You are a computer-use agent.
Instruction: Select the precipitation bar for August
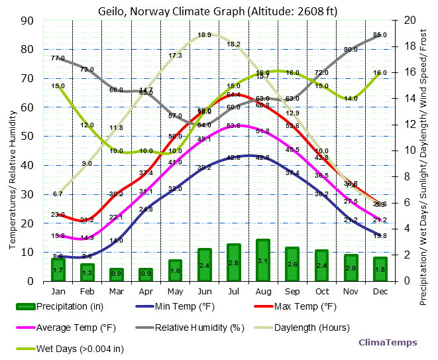[262, 260]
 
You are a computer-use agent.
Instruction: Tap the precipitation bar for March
[117, 273]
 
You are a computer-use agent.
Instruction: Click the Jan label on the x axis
[58, 292]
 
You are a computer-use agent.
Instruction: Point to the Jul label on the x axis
[233, 292]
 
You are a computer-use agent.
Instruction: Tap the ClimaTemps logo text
[388, 343]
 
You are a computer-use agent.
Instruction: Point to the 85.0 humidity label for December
[380, 34]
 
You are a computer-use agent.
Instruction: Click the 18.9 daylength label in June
[204, 34]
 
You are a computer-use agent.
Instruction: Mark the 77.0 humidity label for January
[58, 58]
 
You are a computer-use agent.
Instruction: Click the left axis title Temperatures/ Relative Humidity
[13, 150]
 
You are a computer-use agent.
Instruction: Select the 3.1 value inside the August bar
[262, 261]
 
